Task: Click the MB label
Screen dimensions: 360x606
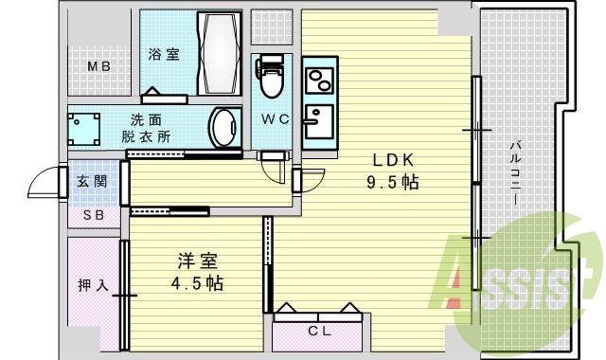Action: coord(99,66)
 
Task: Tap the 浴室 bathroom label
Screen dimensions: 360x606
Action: coord(164,55)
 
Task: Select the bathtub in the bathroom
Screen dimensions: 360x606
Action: coord(220,52)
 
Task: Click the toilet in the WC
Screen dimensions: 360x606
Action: coord(272,80)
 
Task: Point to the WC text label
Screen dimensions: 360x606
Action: coord(275,120)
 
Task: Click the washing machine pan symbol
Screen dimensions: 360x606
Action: coord(84,127)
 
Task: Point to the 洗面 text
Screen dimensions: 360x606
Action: coord(146,119)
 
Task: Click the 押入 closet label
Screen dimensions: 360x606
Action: coord(93,284)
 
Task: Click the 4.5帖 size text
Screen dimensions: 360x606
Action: coord(197,282)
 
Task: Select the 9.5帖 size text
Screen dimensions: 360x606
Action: coord(393,183)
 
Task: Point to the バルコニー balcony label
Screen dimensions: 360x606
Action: coord(516,176)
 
